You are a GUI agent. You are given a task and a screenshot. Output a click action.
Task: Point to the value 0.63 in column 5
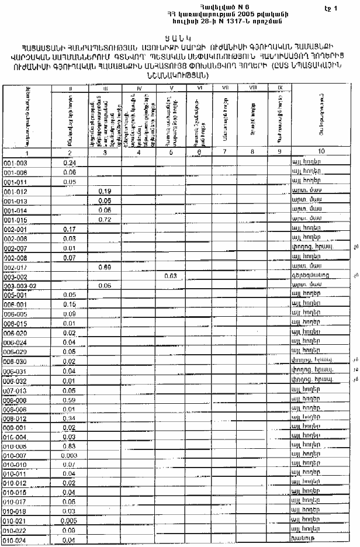pos(171,276)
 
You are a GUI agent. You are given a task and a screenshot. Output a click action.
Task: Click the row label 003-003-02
pos(19,286)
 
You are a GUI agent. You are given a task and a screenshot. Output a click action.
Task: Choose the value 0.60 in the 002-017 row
pos(105,267)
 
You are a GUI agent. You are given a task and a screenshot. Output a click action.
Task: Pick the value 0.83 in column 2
pos(70,446)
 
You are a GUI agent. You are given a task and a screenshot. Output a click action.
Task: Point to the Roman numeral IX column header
pos(279,88)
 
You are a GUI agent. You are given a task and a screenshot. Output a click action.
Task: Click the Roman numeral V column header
pos(171,88)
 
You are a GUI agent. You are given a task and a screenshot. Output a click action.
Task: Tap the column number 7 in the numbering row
pos(224,152)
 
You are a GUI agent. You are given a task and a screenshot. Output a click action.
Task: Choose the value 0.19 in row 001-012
pos(105,191)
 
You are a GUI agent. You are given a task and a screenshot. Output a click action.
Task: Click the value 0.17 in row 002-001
pos(70,229)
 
